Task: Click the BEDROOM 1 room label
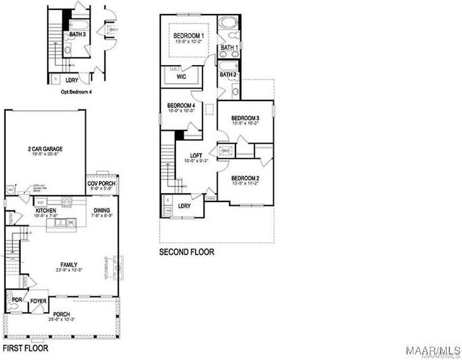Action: coord(188,35)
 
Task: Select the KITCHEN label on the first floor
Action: coord(45,210)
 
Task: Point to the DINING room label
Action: coord(102,210)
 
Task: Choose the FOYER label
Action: coord(38,301)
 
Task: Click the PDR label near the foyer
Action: coord(17,300)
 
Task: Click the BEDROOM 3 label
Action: coord(245,118)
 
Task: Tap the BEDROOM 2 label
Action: coord(245,177)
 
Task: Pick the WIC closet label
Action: coord(181,77)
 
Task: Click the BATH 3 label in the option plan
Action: coord(77,34)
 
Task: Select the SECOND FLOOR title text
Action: coord(186,251)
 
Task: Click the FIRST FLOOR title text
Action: coord(25,348)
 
